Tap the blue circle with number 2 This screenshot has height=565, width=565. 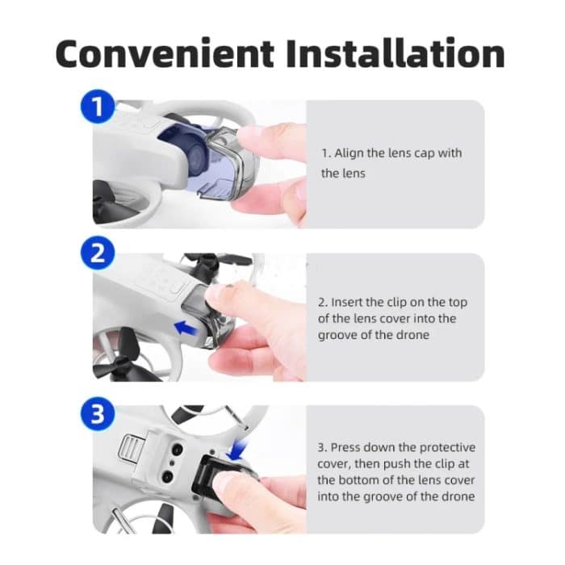click(x=98, y=254)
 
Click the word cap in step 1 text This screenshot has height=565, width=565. click(x=426, y=153)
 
